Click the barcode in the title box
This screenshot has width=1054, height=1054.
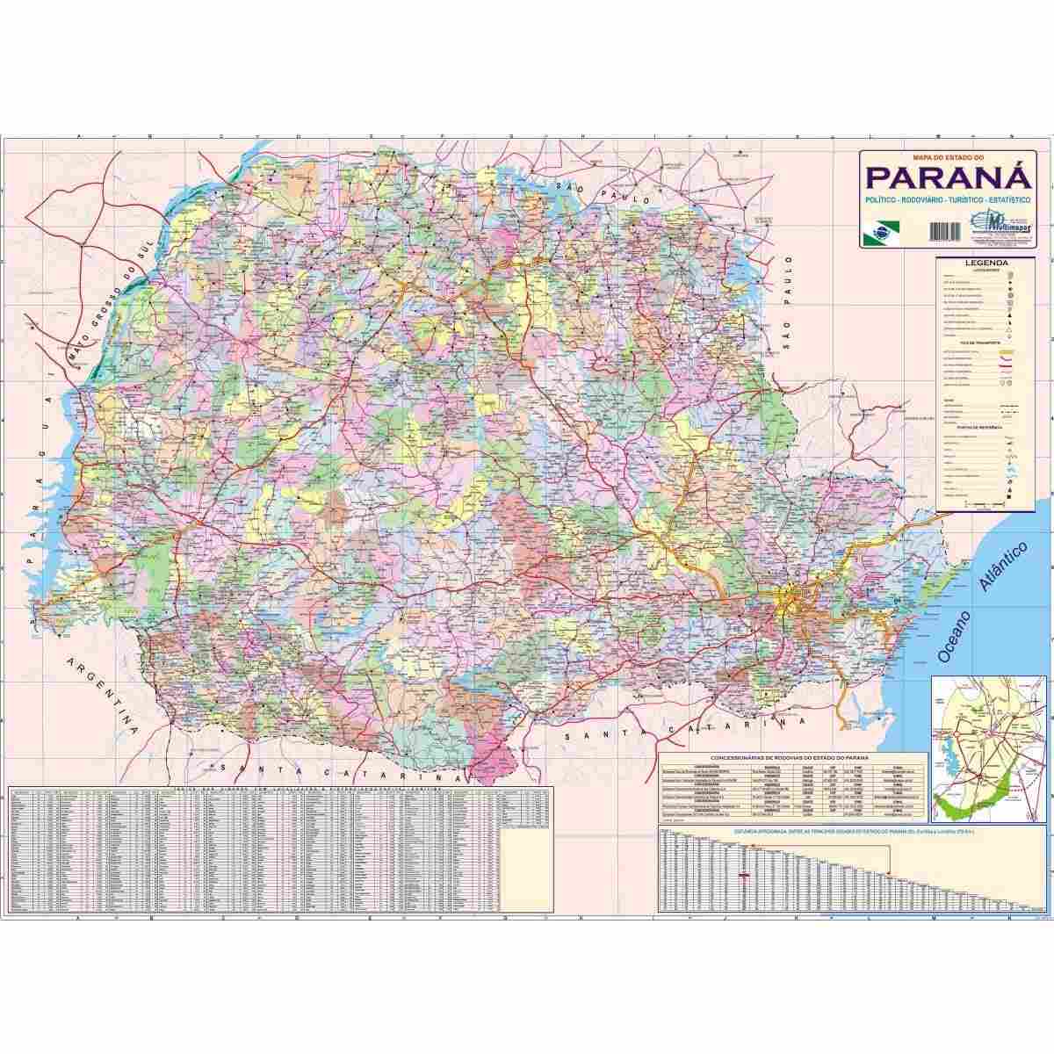pos(943,229)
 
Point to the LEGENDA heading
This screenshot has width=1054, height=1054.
pos(985,263)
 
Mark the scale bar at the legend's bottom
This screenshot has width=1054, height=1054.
pos(984,505)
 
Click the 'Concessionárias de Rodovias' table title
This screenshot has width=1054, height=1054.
pos(788,756)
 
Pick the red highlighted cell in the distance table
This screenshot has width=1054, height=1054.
pos(745,875)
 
